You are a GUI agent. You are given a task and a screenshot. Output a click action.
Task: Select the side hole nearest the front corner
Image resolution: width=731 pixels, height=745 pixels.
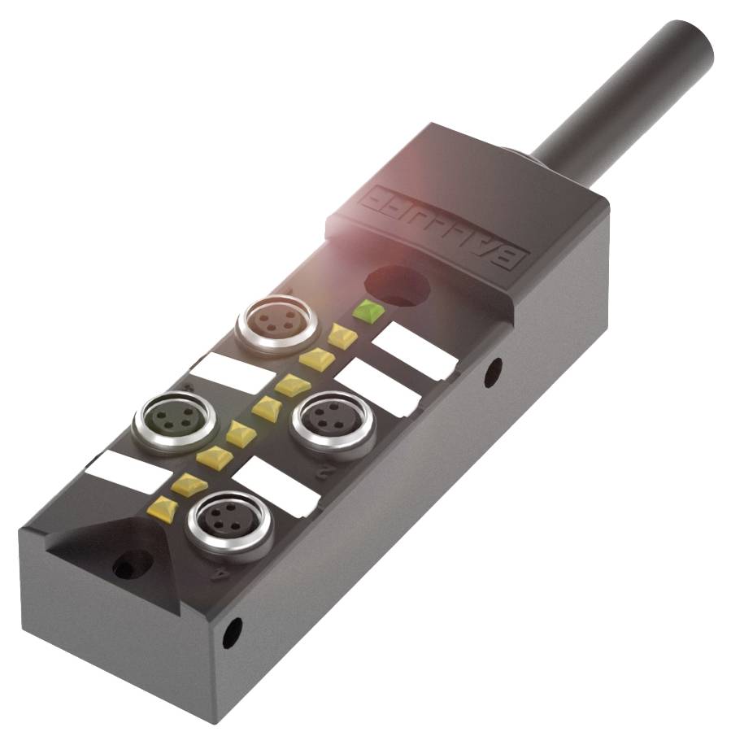tap(232, 632)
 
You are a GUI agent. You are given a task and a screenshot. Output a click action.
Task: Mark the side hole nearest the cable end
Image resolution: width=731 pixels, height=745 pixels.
tap(493, 372)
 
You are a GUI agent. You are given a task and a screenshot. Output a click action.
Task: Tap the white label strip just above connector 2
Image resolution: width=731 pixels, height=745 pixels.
tap(377, 387)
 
